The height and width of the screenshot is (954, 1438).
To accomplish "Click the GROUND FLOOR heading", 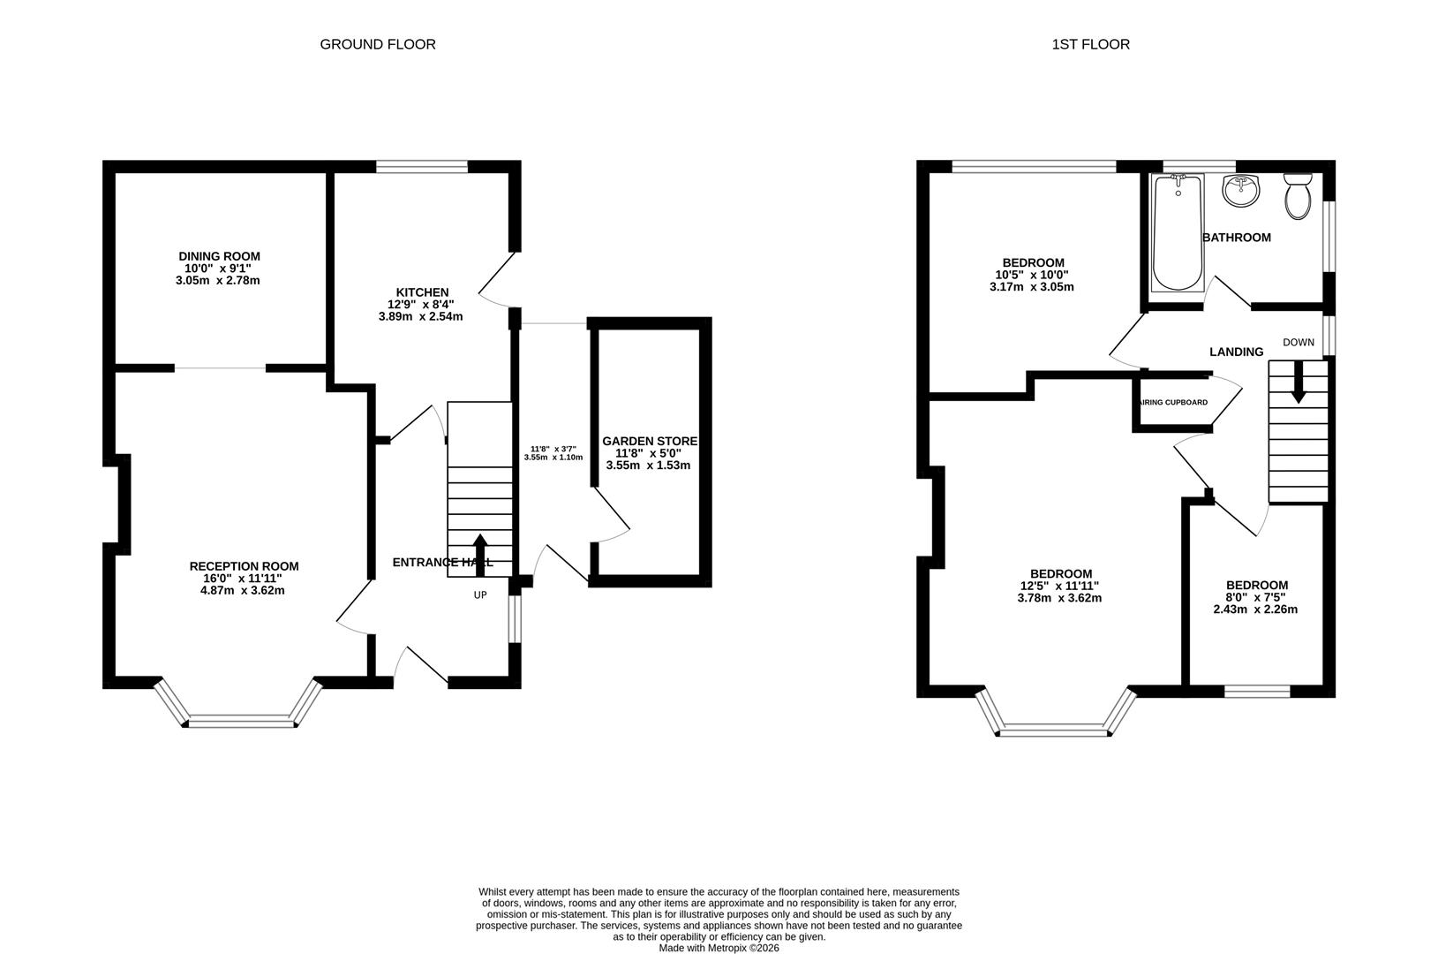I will click(x=377, y=44).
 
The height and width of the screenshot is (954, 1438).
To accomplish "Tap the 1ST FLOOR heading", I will click(x=1090, y=44).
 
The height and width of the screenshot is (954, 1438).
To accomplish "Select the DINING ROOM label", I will click(x=219, y=256).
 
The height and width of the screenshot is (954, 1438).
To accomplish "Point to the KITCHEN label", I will click(x=422, y=292).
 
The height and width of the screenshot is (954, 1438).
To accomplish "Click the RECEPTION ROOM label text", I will click(x=244, y=566).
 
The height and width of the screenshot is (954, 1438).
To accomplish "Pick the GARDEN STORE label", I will click(x=650, y=441).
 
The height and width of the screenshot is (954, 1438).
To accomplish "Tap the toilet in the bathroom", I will click(x=1298, y=195).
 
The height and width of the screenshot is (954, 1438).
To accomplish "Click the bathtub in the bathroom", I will click(x=1177, y=233).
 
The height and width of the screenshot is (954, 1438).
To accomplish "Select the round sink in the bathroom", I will click(x=1241, y=191).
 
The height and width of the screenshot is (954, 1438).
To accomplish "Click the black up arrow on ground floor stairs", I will click(x=481, y=554).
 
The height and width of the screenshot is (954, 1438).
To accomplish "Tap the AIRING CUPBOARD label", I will click(x=1174, y=403).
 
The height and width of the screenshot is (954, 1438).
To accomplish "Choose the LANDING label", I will click(x=1236, y=352).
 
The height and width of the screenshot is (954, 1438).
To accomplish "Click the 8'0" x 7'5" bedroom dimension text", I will click(x=1255, y=597).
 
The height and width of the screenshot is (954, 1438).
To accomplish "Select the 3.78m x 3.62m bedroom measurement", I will click(x=1059, y=598).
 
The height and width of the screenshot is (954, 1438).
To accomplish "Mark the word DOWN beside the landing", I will click(x=1299, y=343).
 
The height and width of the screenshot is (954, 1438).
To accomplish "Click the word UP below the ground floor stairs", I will click(x=480, y=595).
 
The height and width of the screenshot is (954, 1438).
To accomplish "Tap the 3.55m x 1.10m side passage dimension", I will click(x=553, y=458).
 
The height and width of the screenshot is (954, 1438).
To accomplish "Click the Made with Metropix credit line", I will click(x=719, y=948).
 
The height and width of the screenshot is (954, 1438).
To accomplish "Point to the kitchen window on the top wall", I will click(x=422, y=166).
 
